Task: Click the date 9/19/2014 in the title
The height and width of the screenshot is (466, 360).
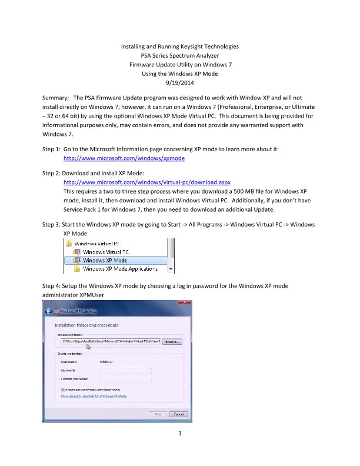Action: point(179,84)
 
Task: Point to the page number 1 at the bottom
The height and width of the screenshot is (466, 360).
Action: point(180,435)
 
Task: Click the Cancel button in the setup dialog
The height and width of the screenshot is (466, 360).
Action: point(178,414)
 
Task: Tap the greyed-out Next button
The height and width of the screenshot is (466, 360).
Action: point(158,414)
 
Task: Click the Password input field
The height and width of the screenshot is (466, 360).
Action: point(126,371)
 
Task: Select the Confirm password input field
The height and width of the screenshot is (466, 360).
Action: point(126,379)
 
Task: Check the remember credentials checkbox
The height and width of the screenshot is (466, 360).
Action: point(63,390)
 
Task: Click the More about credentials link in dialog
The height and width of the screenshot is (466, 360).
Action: point(94,397)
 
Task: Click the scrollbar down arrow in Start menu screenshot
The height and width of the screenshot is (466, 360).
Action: point(171,269)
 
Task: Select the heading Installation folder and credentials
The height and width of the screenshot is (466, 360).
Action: point(86,325)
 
